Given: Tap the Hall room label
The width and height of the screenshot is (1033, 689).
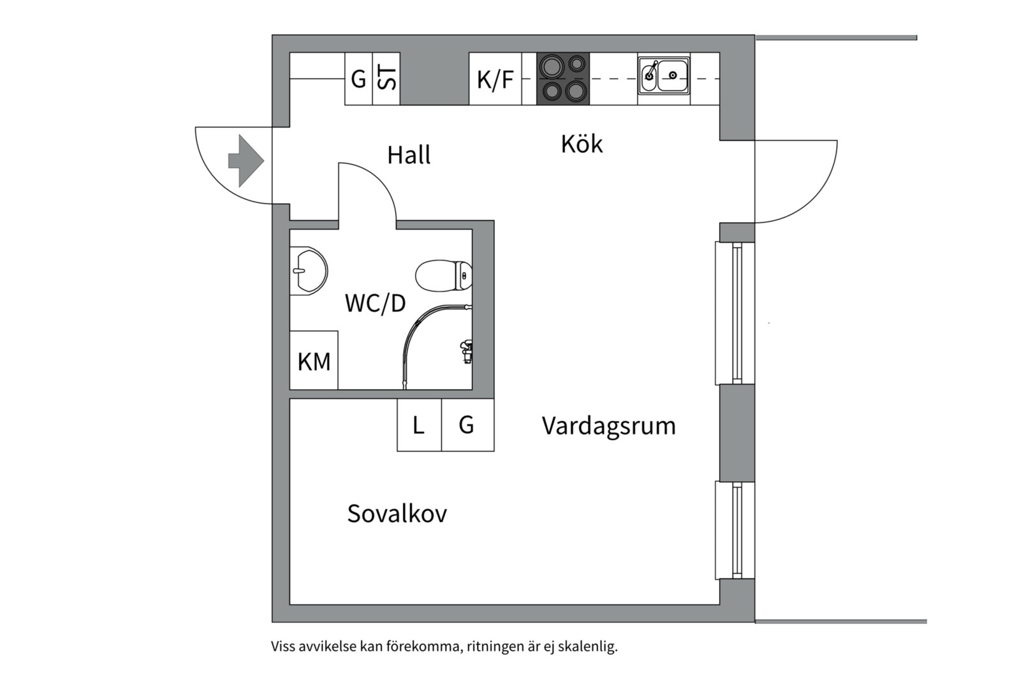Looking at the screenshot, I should (409, 155).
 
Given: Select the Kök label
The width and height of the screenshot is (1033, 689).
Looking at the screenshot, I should (582, 144).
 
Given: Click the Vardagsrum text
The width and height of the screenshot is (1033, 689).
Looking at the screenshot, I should (608, 426).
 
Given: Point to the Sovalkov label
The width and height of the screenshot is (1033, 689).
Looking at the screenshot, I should (397, 514).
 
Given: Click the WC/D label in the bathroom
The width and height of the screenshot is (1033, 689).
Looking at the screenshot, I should (375, 303).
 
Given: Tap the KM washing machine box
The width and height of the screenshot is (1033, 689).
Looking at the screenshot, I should (314, 361).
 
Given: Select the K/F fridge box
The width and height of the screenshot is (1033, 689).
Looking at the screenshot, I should (495, 79).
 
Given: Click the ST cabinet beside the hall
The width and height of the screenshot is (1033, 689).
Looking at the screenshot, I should (386, 79).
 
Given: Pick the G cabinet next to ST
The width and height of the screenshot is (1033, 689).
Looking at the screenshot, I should (358, 79).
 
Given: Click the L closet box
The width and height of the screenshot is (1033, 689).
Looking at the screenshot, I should (419, 425).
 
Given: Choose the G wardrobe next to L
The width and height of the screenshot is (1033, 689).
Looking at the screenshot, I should (467, 425).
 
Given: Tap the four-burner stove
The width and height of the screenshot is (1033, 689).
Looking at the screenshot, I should (563, 79).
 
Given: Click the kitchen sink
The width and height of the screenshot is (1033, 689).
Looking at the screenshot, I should (664, 77).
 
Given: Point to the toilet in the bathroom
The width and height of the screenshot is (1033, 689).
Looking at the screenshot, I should (442, 276).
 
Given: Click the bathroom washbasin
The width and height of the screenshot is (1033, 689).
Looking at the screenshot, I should (308, 271).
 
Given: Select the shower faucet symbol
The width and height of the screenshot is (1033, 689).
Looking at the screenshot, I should (467, 351).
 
